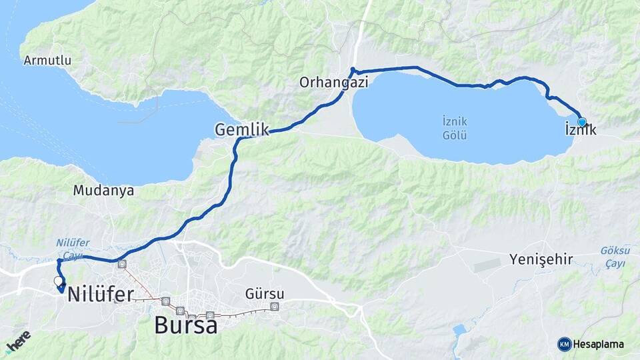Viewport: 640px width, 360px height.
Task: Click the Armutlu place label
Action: click(47, 61)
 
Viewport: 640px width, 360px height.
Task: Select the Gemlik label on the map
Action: click(241, 129)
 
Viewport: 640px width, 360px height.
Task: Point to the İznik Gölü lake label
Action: click(455, 128)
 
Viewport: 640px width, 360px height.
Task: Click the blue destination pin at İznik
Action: click(581, 122)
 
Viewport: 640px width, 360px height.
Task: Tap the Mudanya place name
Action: click(103, 191)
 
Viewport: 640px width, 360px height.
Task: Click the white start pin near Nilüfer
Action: click(58, 281)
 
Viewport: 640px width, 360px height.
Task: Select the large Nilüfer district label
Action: click(100, 294)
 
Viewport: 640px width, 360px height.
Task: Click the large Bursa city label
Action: click(185, 325)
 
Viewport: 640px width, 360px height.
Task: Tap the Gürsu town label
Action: click(265, 294)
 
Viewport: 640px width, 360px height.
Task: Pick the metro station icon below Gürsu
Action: click(274, 307)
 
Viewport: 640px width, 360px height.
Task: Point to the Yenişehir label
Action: click(541, 259)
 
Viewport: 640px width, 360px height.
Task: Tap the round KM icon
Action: click(564, 344)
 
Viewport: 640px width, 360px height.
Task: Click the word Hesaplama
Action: click(599, 345)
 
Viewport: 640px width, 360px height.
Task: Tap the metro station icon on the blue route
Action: click(122, 264)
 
